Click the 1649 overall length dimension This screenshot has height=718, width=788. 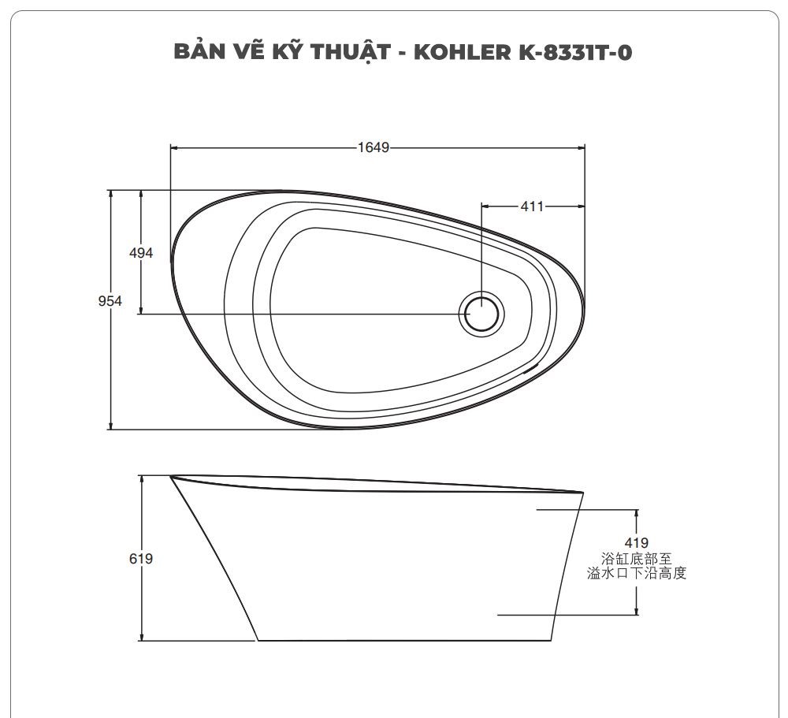pos(374,147)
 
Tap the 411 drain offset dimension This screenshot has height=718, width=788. pos(532,206)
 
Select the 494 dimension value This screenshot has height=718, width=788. pos(140,253)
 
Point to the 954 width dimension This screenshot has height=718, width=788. pos(110,301)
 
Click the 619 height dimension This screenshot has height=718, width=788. pos(140,559)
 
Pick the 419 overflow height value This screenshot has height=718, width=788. pos(636,543)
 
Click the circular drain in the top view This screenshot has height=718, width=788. pos(481,313)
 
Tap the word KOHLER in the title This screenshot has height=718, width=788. pos(470,53)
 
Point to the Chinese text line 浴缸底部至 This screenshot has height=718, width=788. pos(637,559)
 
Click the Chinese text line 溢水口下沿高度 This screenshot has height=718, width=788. pos(637,574)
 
